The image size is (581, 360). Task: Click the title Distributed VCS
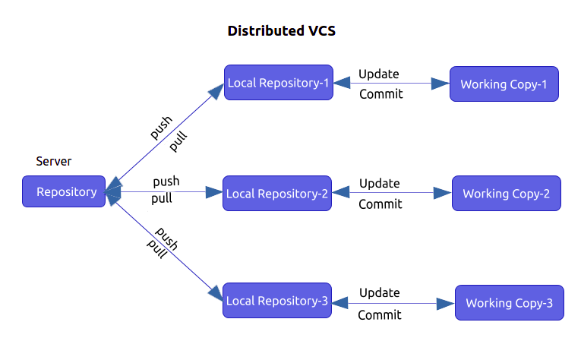click(x=281, y=31)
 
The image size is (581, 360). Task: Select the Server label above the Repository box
click(x=54, y=162)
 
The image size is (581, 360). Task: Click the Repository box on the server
click(x=64, y=191)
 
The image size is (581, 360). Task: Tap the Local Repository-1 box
click(x=279, y=83)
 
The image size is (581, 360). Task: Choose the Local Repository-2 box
click(x=277, y=194)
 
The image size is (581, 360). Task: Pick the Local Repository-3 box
click(x=276, y=302)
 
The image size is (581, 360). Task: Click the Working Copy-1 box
click(x=504, y=84)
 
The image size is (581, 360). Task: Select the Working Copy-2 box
click(x=506, y=194)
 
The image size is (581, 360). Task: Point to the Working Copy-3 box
click(x=509, y=303)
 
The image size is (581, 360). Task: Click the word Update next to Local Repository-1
click(x=379, y=74)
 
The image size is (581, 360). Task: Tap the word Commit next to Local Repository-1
click(x=380, y=94)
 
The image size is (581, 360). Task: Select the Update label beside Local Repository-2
click(x=379, y=184)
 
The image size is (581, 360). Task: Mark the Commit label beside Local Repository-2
click(x=380, y=204)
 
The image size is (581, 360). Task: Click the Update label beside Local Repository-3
click(x=379, y=293)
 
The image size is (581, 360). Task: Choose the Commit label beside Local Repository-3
click(x=379, y=314)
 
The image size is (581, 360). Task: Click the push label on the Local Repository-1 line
click(x=160, y=128)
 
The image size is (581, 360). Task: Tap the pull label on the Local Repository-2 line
click(x=161, y=199)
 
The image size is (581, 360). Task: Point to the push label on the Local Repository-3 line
click(x=166, y=238)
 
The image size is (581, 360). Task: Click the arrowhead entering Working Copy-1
click(x=440, y=84)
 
